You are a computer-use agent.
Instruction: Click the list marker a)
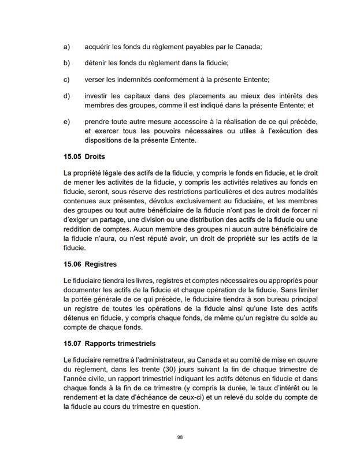click(66, 46)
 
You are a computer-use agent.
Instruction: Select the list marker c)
click(66, 79)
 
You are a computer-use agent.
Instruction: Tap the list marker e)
click(66, 122)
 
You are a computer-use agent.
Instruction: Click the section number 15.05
click(73, 156)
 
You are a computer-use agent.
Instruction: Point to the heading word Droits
click(96, 156)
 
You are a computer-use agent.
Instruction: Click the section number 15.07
click(73, 344)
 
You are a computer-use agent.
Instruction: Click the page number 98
click(180, 437)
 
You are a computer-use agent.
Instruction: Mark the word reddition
click(80, 229)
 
